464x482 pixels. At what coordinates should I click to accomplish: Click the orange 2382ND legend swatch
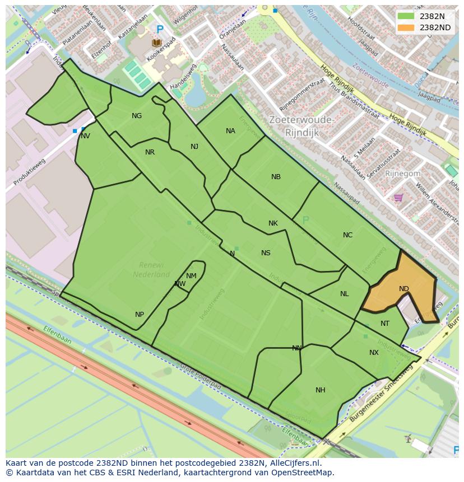(x=406, y=27)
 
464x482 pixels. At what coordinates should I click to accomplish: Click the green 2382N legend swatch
(x=406, y=16)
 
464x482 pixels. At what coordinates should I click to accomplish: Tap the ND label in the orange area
(x=403, y=289)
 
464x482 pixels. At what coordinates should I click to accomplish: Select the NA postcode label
(x=230, y=131)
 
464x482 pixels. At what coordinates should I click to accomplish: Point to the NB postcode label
(x=276, y=177)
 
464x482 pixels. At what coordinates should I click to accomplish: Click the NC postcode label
(x=347, y=235)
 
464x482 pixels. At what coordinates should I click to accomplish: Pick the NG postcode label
(x=137, y=116)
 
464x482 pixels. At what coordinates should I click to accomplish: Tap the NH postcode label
(x=320, y=390)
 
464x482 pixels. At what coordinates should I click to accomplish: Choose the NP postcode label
(x=140, y=315)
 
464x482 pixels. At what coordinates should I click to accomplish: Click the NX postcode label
(x=374, y=353)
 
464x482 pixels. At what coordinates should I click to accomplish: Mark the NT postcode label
(x=384, y=324)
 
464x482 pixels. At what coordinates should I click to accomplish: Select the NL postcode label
(x=344, y=294)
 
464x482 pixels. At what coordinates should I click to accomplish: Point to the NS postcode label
(x=266, y=253)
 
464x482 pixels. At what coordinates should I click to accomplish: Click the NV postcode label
(x=85, y=136)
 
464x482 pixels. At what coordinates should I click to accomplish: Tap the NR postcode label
(x=150, y=152)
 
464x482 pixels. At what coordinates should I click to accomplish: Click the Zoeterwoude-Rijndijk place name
(x=301, y=126)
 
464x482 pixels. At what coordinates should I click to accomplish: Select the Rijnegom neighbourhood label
(x=402, y=174)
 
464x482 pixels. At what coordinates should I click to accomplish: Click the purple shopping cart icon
(x=398, y=197)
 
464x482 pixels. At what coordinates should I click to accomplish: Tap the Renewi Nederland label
(x=151, y=269)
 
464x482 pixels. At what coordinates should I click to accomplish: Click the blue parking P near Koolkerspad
(x=160, y=30)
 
